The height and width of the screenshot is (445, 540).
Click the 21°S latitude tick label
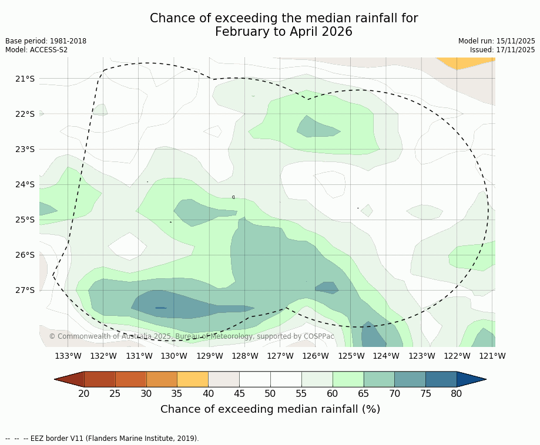tap(25, 79)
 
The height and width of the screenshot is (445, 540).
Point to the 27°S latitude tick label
tap(25, 290)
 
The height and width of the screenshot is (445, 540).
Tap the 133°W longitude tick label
tap(68, 356)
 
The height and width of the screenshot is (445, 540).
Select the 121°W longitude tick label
tap(492, 356)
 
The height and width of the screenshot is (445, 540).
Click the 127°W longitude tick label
tap(280, 356)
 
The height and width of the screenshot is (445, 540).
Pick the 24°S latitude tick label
tap(25, 184)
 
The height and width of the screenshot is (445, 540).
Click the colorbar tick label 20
tap(84, 393)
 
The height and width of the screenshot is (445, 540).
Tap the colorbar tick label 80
tap(457, 393)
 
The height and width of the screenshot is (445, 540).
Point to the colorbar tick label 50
tap(270, 393)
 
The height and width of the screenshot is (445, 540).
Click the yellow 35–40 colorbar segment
tap(193, 379)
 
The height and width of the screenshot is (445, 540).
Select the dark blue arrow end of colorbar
tap(471, 379)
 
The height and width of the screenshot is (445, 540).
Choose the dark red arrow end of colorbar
tap(69, 379)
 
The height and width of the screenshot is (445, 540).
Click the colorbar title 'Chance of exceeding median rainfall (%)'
tap(270, 409)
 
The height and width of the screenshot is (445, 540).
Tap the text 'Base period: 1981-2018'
tap(46, 41)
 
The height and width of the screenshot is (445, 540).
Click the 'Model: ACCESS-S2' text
tap(36, 50)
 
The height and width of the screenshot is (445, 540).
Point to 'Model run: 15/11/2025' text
tap(497, 41)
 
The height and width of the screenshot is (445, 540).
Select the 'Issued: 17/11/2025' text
tap(502, 50)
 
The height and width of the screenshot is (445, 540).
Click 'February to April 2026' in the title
tap(284, 32)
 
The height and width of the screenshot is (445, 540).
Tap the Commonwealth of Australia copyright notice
tap(192, 336)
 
